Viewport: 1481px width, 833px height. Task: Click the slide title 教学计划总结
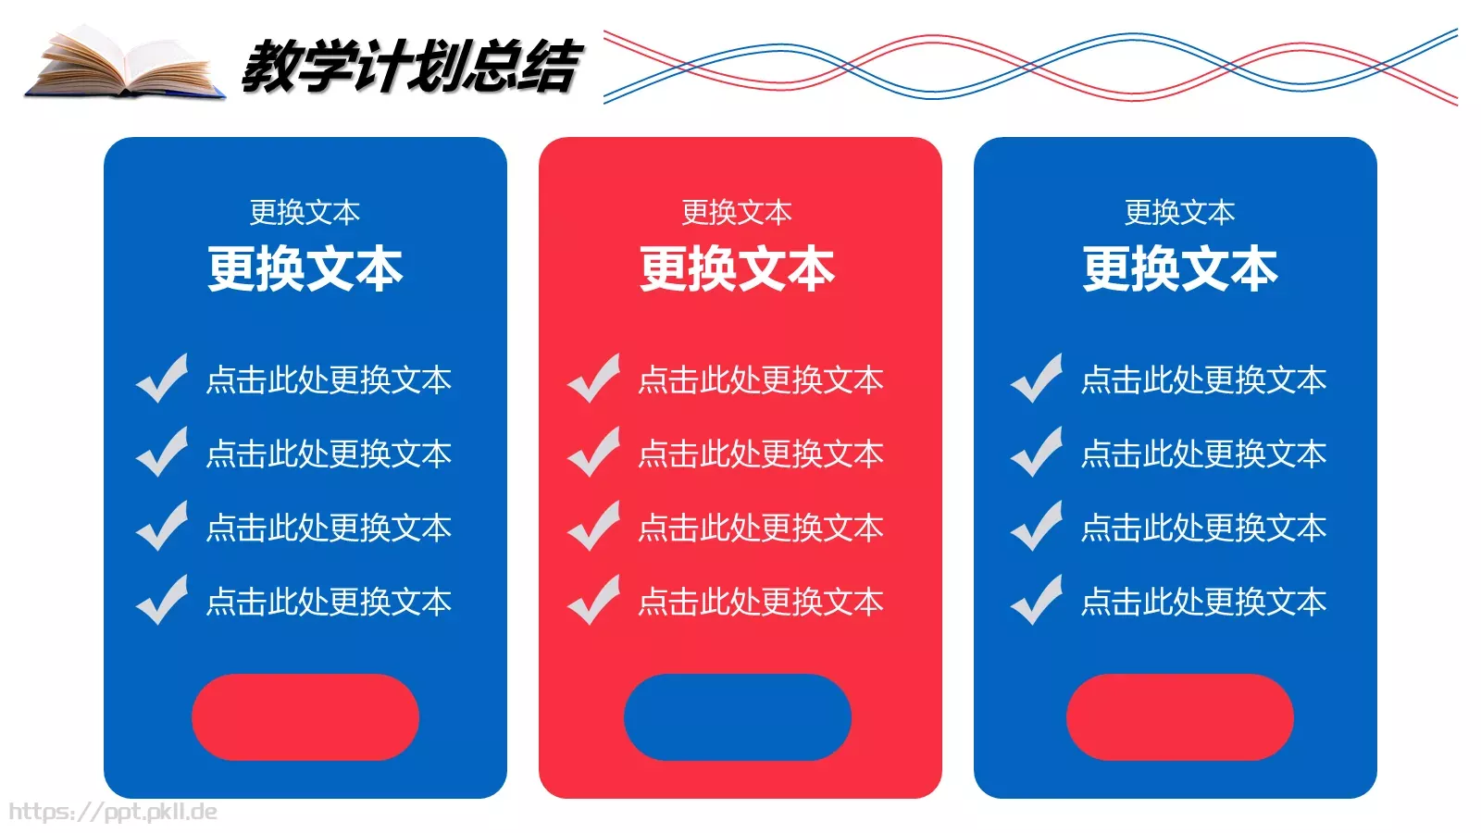[410, 67]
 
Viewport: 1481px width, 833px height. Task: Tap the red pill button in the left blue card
[305, 717]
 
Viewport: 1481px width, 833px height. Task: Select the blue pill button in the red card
[738, 717]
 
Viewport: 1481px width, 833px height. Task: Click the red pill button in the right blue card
[1179, 717]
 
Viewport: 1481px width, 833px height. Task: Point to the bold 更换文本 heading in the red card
[738, 269]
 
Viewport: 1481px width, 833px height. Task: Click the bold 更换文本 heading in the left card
[305, 269]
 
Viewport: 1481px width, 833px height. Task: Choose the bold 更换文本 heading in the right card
[1180, 269]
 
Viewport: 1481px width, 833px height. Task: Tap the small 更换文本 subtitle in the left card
[305, 213]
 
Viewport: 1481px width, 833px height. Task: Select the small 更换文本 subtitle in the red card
[737, 213]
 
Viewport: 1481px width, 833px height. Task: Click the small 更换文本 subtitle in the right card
[1180, 213]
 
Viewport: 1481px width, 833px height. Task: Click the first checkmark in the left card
[163, 379]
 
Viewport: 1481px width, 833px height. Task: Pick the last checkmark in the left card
[163, 601]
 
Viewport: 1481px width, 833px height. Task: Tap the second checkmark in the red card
[594, 453]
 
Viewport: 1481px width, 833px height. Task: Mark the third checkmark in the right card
[1037, 527]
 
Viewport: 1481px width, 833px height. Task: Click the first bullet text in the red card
[761, 380]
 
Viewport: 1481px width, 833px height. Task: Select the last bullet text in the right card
[1204, 603]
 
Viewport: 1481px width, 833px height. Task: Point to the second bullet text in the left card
[329, 454]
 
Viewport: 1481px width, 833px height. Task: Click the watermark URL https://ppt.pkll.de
[113, 812]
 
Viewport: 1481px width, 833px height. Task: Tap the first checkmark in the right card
[1037, 379]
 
